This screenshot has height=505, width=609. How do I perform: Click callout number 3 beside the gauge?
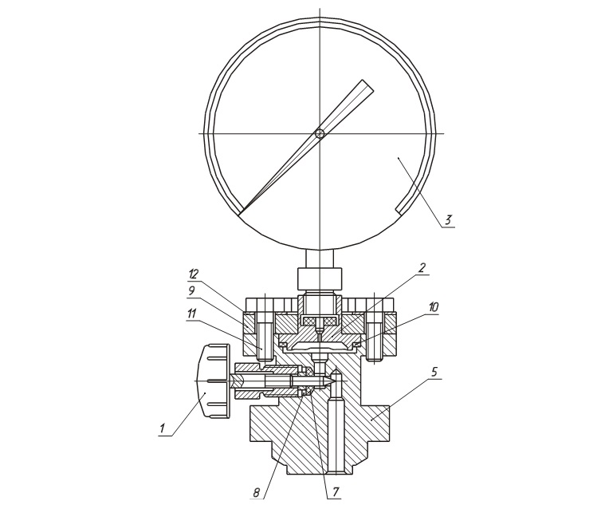click(x=448, y=220)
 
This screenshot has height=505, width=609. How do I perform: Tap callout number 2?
click(x=422, y=268)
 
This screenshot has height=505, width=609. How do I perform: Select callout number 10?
click(x=433, y=307)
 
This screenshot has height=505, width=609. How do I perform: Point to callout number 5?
click(x=434, y=372)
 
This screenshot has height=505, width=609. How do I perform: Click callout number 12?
click(x=193, y=274)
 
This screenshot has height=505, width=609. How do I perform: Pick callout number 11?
click(x=192, y=313)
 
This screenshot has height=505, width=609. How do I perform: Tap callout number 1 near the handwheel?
click(x=163, y=428)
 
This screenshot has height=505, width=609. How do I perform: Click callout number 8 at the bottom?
click(x=257, y=492)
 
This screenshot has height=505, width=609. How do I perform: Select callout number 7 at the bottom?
click(x=336, y=492)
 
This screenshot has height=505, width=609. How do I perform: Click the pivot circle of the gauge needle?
click(x=320, y=134)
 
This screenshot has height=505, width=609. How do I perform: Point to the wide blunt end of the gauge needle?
click(x=368, y=86)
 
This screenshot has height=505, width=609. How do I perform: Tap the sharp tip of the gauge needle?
click(x=239, y=214)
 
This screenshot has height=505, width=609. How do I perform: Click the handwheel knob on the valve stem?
click(x=213, y=381)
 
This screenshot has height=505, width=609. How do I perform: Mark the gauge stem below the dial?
click(x=320, y=258)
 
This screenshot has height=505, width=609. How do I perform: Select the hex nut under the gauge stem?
click(x=320, y=279)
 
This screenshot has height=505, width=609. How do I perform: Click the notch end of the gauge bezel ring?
click(x=399, y=210)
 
